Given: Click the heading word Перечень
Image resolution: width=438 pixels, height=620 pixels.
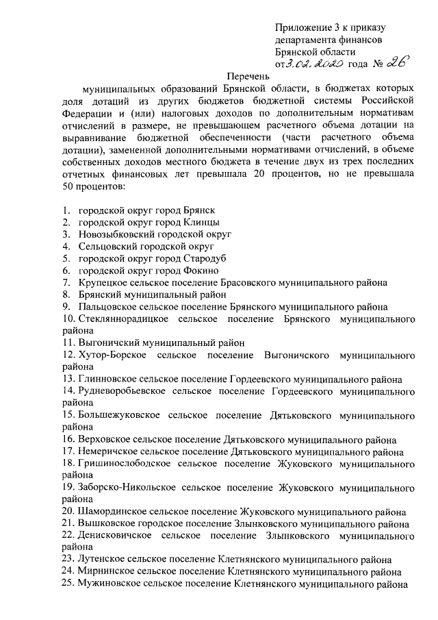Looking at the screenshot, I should coord(249,78).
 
